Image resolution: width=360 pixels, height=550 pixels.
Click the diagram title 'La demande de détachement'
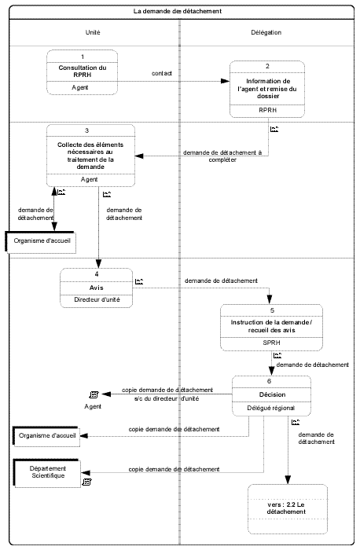click(x=177, y=11)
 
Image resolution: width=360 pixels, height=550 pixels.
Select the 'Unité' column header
click(x=93, y=32)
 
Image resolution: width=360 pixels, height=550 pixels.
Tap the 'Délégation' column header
click(x=266, y=32)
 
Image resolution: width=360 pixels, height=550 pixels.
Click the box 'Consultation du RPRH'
click(x=82, y=72)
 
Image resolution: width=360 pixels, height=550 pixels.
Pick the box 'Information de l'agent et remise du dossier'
click(x=267, y=89)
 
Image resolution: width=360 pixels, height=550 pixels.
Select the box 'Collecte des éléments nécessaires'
click(x=91, y=156)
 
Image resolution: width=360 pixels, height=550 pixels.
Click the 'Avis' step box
click(x=97, y=288)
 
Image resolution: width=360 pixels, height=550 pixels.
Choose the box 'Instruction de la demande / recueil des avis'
click(x=271, y=328)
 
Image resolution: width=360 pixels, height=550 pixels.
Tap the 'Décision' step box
click(x=271, y=396)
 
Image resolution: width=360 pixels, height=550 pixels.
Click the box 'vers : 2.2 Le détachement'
click(x=288, y=509)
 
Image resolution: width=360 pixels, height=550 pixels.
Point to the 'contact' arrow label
click(x=162, y=73)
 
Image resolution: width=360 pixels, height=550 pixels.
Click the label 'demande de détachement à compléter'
click(x=222, y=156)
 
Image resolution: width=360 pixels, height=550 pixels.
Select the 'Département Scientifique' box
click(x=47, y=472)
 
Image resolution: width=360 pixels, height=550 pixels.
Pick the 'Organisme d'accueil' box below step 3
click(x=41, y=242)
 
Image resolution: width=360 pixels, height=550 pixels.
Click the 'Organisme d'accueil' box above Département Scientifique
click(x=46, y=436)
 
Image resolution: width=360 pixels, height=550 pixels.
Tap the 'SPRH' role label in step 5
click(x=272, y=343)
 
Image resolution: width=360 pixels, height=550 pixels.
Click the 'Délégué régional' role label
click(x=271, y=408)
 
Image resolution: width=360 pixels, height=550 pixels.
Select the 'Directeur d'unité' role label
click(x=97, y=300)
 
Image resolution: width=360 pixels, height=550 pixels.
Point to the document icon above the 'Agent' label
click(x=94, y=395)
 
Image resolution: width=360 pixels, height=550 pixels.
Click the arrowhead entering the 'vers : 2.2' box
click(x=288, y=480)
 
